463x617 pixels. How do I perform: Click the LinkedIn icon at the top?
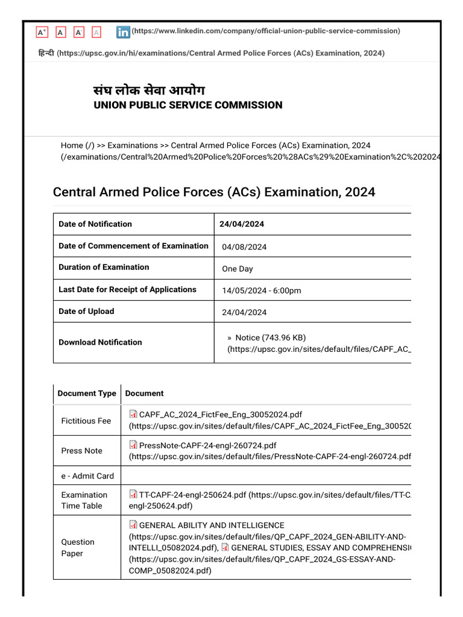click(123, 32)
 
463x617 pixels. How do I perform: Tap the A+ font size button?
click(42, 32)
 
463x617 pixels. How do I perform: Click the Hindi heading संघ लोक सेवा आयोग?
click(149, 90)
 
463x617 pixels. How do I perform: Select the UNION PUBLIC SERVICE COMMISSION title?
click(188, 105)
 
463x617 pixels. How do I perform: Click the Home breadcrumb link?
click(72, 145)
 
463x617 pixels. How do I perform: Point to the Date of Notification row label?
click(95, 224)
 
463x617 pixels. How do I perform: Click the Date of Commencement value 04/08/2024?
click(244, 247)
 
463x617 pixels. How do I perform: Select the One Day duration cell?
click(238, 269)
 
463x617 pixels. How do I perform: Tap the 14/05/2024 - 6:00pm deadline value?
click(261, 290)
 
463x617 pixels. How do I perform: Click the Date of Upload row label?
click(86, 312)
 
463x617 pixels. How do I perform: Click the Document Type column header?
click(87, 393)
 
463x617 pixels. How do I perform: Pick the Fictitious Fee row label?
click(86, 421)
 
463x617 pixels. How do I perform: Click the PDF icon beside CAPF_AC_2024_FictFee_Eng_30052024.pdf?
click(133, 414)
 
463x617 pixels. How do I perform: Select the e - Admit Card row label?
click(87, 475)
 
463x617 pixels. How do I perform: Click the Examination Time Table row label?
click(84, 500)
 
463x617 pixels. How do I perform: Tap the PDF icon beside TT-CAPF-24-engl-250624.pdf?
click(133, 495)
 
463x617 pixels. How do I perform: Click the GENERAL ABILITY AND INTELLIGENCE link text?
click(212, 525)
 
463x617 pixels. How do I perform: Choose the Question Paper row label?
click(78, 548)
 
